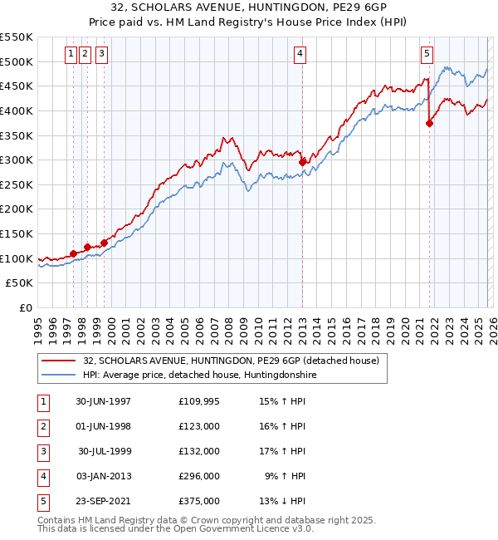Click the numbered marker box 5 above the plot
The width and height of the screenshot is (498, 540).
click(427, 54)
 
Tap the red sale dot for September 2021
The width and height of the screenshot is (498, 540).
click(429, 124)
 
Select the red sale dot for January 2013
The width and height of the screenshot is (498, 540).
click(302, 163)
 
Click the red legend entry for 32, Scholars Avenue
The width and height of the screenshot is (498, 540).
click(231, 361)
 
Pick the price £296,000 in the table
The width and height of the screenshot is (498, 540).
click(199, 476)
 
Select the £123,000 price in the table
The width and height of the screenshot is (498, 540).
click(199, 426)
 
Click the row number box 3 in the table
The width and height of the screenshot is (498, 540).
click(42, 451)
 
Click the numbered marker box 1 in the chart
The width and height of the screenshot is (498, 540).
click(71, 54)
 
